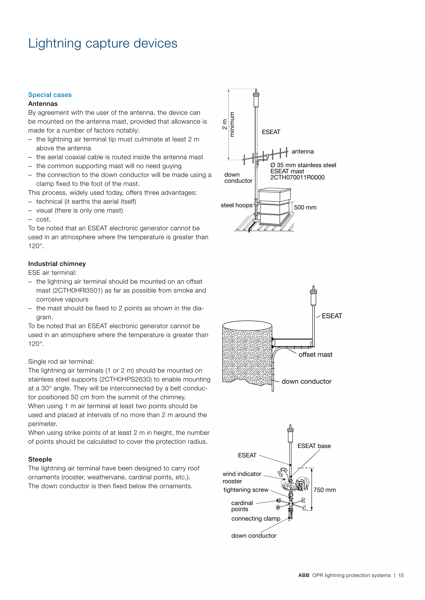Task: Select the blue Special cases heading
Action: pyautogui.click(x=50, y=95)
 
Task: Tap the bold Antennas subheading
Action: pyautogui.click(x=43, y=104)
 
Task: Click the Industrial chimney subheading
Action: pyautogui.click(x=57, y=264)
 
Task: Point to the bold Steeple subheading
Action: pyautogui.click(x=40, y=459)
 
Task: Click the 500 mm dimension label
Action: pyautogui.click(x=305, y=207)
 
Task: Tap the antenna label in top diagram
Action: pyautogui.click(x=303, y=152)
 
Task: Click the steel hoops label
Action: pyautogui.click(x=236, y=205)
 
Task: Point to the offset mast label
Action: pyautogui.click(x=315, y=355)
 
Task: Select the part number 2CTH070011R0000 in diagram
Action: pyautogui.click(x=297, y=177)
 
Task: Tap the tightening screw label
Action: pyautogui.click(x=246, y=490)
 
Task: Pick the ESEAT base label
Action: pyautogui.click(x=314, y=446)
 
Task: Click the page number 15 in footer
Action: pyautogui.click(x=401, y=575)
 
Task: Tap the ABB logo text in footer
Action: pyautogui.click(x=304, y=575)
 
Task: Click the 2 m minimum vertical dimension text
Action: pyautogui.click(x=228, y=124)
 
